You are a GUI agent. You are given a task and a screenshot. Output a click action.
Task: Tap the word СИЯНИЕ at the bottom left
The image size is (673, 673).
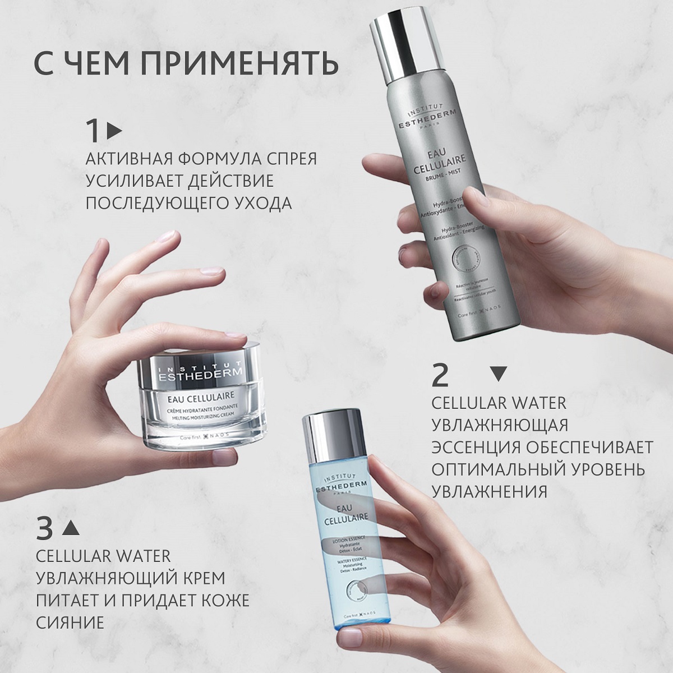[70, 622]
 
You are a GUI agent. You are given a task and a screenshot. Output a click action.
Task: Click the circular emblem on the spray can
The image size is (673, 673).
[464, 264]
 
